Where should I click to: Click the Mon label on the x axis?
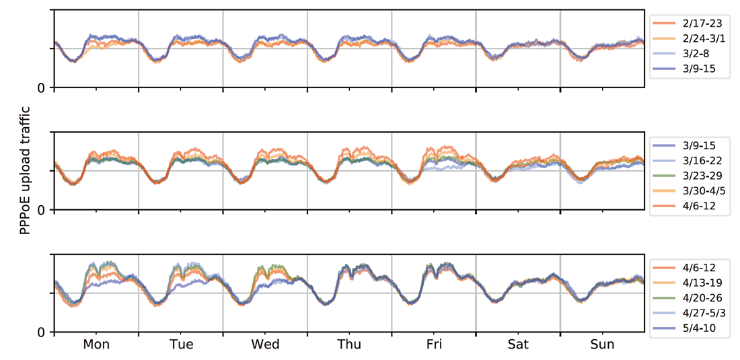click(97, 345)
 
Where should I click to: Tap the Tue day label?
click(181, 345)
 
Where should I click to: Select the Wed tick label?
click(265, 345)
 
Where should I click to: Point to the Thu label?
click(349, 345)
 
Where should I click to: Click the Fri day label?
click(434, 345)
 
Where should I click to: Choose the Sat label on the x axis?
click(518, 345)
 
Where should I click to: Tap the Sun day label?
click(602, 345)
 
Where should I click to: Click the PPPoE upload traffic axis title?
click(26, 171)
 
